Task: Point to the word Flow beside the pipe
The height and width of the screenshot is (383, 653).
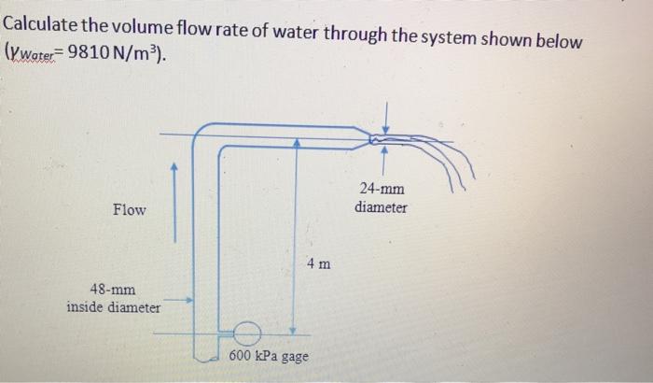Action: (x=129, y=209)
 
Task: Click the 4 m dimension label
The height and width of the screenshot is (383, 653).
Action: (x=317, y=264)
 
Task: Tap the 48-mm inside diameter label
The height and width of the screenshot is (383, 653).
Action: (x=112, y=298)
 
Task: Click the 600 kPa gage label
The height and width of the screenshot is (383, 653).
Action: (x=269, y=357)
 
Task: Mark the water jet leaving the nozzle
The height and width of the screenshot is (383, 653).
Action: (x=438, y=159)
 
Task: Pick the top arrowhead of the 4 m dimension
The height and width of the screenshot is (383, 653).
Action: (x=296, y=142)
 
